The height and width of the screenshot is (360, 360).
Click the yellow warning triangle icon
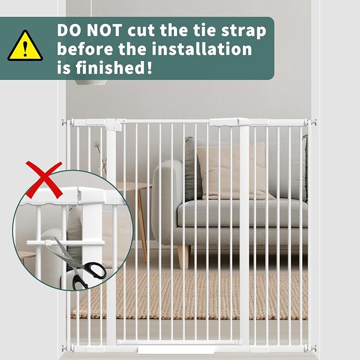tap(25, 46)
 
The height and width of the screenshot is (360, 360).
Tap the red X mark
tap(44, 180)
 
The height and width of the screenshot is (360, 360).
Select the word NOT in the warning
tap(104, 30)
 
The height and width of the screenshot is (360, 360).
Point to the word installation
tap(202, 49)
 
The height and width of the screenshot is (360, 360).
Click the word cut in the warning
tap(141, 31)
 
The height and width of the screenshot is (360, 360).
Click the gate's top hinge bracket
tap(115, 125)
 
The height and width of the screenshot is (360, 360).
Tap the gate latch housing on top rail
tap(229, 122)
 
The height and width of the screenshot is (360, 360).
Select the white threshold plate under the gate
tap(176, 350)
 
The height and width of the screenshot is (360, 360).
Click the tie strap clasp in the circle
tap(48, 243)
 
